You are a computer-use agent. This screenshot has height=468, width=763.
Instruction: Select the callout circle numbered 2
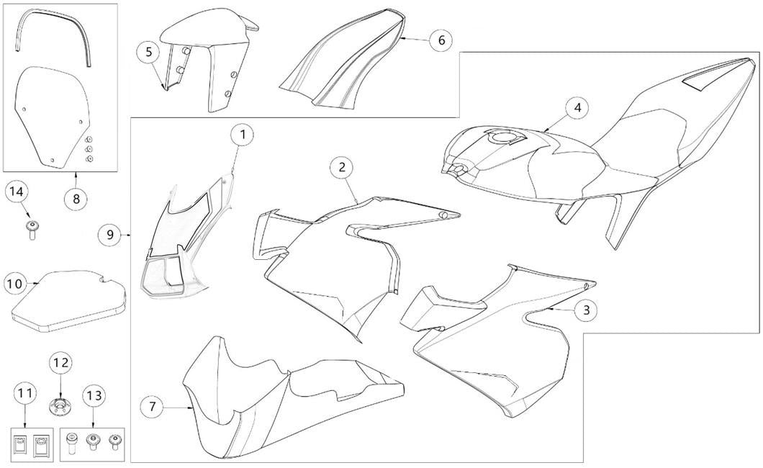click(342, 167)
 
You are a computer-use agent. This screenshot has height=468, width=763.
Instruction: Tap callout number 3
click(587, 310)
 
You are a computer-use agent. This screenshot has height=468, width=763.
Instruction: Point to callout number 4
click(577, 107)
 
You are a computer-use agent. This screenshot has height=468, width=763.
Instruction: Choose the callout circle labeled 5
click(148, 52)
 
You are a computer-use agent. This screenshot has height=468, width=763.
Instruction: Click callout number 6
click(441, 40)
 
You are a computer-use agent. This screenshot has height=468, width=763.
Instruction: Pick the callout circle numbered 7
click(153, 406)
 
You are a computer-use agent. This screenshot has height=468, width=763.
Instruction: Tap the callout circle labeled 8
click(76, 199)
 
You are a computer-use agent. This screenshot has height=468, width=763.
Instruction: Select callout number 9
click(109, 235)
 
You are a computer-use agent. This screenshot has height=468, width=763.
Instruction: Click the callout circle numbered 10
click(16, 283)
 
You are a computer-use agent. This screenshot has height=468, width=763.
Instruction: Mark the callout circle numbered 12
click(61, 362)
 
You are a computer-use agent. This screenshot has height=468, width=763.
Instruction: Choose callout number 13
click(93, 395)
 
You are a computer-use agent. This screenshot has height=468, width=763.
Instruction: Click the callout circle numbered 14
click(17, 192)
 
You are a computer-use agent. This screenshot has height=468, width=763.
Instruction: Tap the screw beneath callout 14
click(32, 229)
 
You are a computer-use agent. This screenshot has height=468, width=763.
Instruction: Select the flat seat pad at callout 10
click(68, 301)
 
